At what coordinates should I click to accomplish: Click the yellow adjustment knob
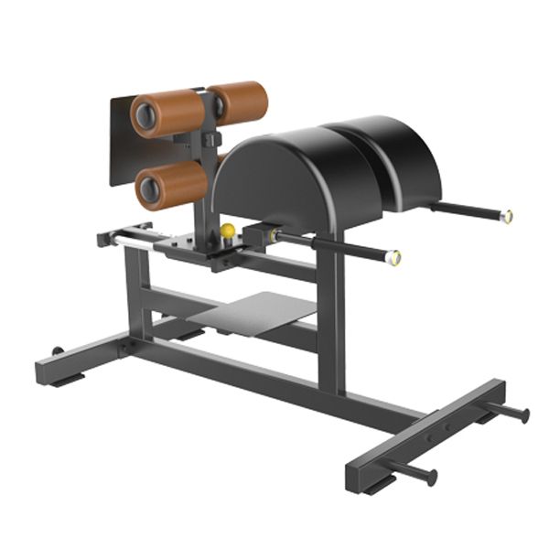tap(227, 231)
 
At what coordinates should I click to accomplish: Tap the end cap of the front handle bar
tap(393, 259)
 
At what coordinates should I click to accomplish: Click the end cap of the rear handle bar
tap(506, 217)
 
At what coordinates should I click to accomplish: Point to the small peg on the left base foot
tap(57, 350)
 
